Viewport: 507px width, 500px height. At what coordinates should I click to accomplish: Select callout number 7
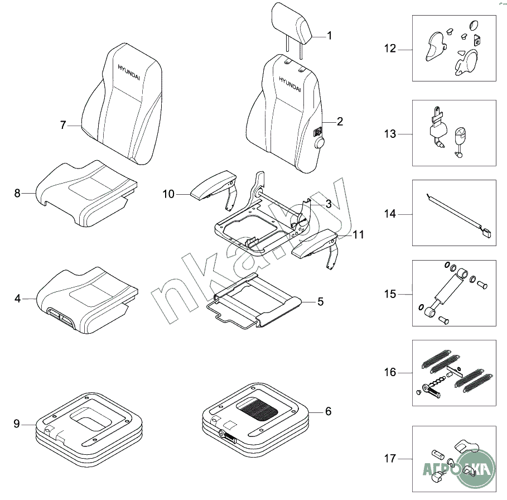[x=63, y=126]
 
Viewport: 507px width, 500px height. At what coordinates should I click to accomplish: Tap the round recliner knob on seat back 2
[x=320, y=143]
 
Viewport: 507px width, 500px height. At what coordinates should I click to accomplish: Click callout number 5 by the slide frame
[x=320, y=302]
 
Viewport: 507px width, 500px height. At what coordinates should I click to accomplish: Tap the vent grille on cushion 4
[x=60, y=315]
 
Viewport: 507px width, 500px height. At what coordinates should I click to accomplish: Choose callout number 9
[x=17, y=424]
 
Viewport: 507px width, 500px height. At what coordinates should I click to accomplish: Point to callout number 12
[x=390, y=49]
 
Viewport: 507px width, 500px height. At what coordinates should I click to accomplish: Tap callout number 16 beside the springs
[x=390, y=372]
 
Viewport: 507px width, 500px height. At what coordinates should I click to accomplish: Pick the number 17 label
[x=390, y=459]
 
